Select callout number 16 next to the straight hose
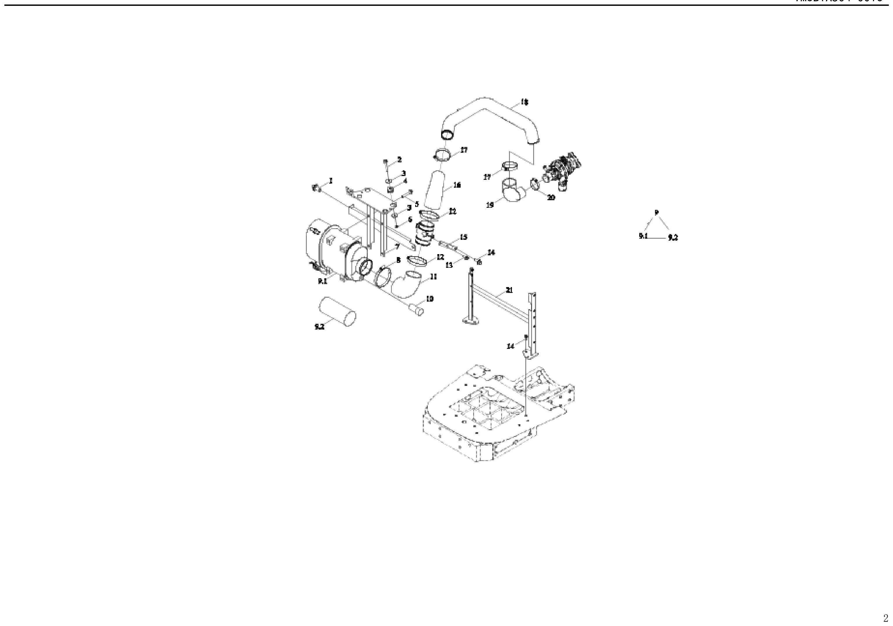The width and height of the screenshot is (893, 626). (x=457, y=185)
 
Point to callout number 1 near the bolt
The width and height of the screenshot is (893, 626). (x=331, y=180)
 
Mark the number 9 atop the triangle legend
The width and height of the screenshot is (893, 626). (x=656, y=212)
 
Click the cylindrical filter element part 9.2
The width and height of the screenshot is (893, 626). (x=337, y=311)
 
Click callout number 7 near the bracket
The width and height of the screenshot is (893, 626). (x=397, y=247)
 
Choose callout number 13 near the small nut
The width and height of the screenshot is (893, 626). (x=449, y=265)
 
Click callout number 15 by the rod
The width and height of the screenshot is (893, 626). (x=463, y=237)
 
